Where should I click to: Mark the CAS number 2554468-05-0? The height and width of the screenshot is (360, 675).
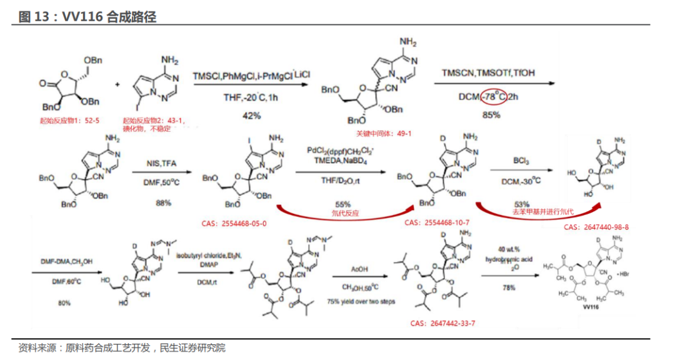point(233,223)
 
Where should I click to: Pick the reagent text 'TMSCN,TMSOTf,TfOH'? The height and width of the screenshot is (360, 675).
point(488,73)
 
